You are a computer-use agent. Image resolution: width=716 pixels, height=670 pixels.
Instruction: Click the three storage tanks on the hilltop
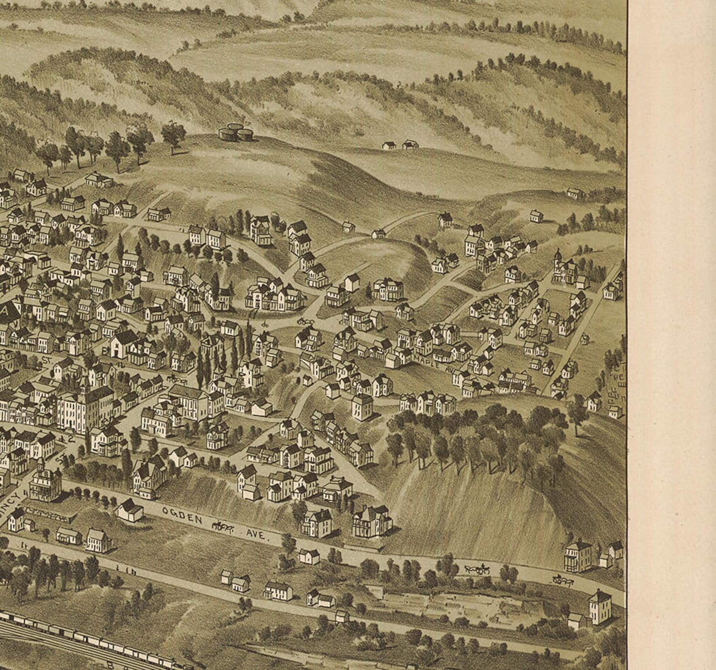pyautogui.click(x=235, y=132)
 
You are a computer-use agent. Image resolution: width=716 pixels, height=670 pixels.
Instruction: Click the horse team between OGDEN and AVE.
pyautogui.click(x=222, y=525)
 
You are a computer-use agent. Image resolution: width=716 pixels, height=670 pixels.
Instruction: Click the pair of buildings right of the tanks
pyautogui.click(x=400, y=145)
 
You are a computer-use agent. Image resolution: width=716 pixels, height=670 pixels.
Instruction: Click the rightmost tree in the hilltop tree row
pyautogui.click(x=173, y=134)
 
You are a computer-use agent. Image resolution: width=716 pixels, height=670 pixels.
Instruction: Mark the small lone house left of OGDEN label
pyautogui.click(x=129, y=510)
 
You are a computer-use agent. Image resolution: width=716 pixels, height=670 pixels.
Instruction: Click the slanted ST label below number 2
pyautogui.click(x=60, y=460)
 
